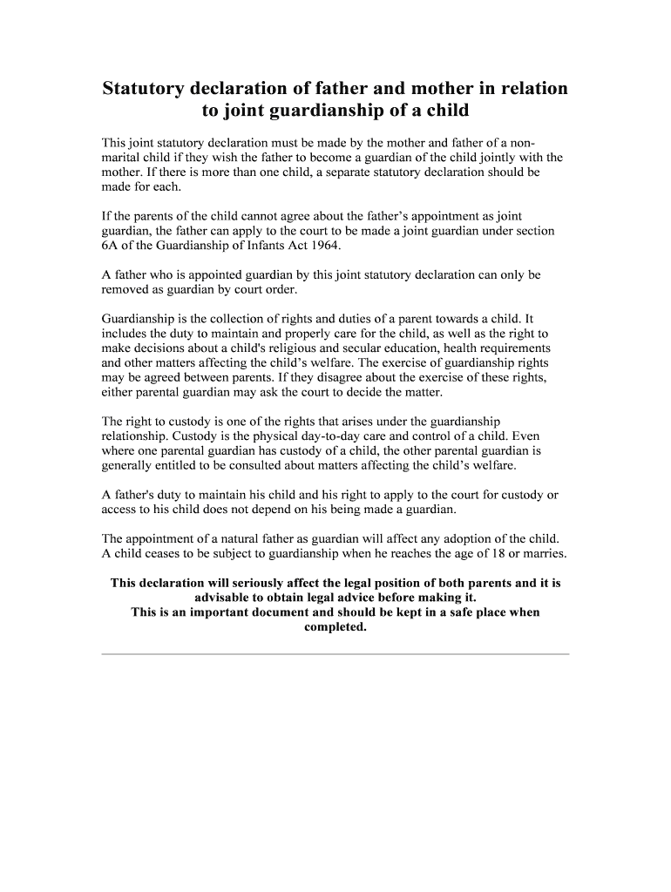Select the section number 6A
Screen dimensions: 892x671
click(x=111, y=246)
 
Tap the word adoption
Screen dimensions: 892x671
click(x=466, y=538)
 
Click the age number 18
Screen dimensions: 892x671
click(x=473, y=553)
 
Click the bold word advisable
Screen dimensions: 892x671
click(x=224, y=598)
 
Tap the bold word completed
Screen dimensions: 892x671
click(x=335, y=626)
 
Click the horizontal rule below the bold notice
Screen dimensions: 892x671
click(x=335, y=653)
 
